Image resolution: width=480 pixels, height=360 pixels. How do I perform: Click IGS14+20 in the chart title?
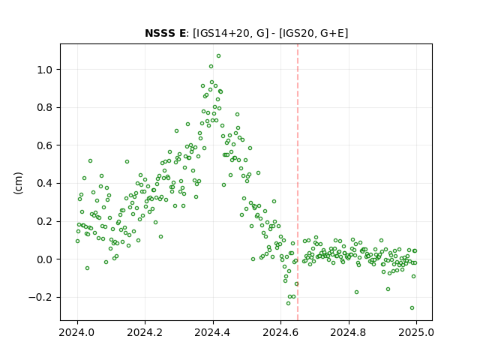[222, 33]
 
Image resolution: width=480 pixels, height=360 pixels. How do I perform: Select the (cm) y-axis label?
[18, 183]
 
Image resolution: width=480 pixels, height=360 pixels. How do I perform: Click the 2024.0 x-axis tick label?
[77, 332]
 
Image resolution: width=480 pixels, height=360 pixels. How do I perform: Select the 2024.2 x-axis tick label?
[145, 332]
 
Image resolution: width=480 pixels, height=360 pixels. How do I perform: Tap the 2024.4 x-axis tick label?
[213, 332]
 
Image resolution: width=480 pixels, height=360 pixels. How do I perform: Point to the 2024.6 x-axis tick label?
[280, 332]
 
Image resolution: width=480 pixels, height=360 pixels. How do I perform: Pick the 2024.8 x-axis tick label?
[348, 332]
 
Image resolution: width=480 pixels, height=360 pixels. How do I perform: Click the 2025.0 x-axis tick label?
[416, 332]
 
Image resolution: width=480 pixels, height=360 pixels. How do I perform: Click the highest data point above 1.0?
[218, 56]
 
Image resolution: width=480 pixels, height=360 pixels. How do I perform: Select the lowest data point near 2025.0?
[412, 308]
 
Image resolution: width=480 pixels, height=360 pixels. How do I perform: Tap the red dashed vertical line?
[298, 182]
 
